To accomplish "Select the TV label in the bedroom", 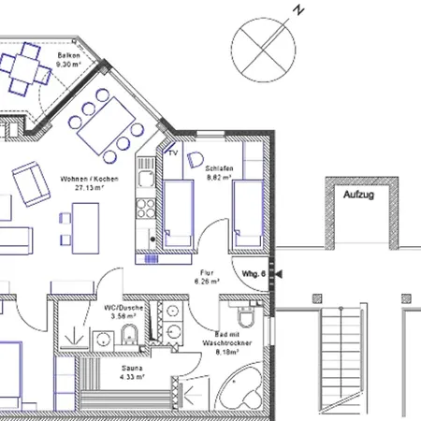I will [x=172, y=152].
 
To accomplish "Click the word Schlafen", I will [x=219, y=167].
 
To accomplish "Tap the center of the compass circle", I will [x=265, y=44].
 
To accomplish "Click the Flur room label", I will [x=205, y=272].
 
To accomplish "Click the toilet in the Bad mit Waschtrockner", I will [x=242, y=312].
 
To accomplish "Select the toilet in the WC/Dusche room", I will [x=132, y=333].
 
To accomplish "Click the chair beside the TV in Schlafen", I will [x=196, y=158].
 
